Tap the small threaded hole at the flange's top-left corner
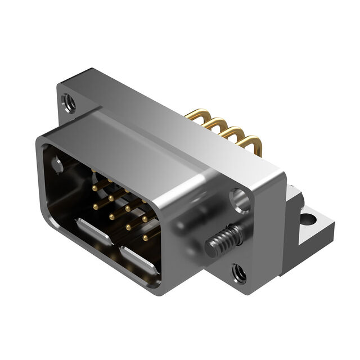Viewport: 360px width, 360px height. pos(69,103)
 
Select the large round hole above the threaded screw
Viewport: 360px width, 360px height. pos(241,200)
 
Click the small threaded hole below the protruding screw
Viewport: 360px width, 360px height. pos(238,274)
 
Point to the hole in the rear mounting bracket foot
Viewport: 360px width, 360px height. pos(307,217)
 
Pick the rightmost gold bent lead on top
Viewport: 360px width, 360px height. pos(250,142)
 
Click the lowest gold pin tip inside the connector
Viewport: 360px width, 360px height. pos(145,238)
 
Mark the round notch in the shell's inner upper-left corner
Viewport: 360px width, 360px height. pos(57,165)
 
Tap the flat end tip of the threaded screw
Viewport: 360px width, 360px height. pos(209,247)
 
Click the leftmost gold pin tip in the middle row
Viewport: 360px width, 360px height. pos(96,206)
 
